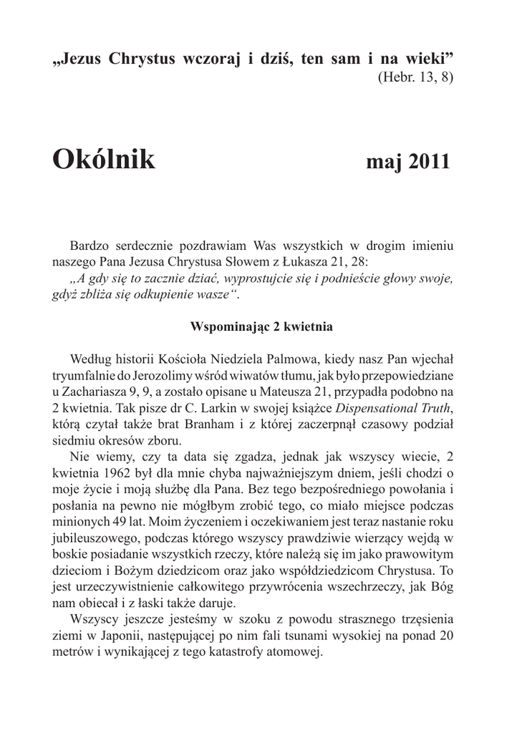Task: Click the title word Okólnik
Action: point(103,160)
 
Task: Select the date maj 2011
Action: point(407,162)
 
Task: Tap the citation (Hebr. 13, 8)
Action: point(415,77)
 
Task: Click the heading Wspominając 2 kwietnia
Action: point(261,326)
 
